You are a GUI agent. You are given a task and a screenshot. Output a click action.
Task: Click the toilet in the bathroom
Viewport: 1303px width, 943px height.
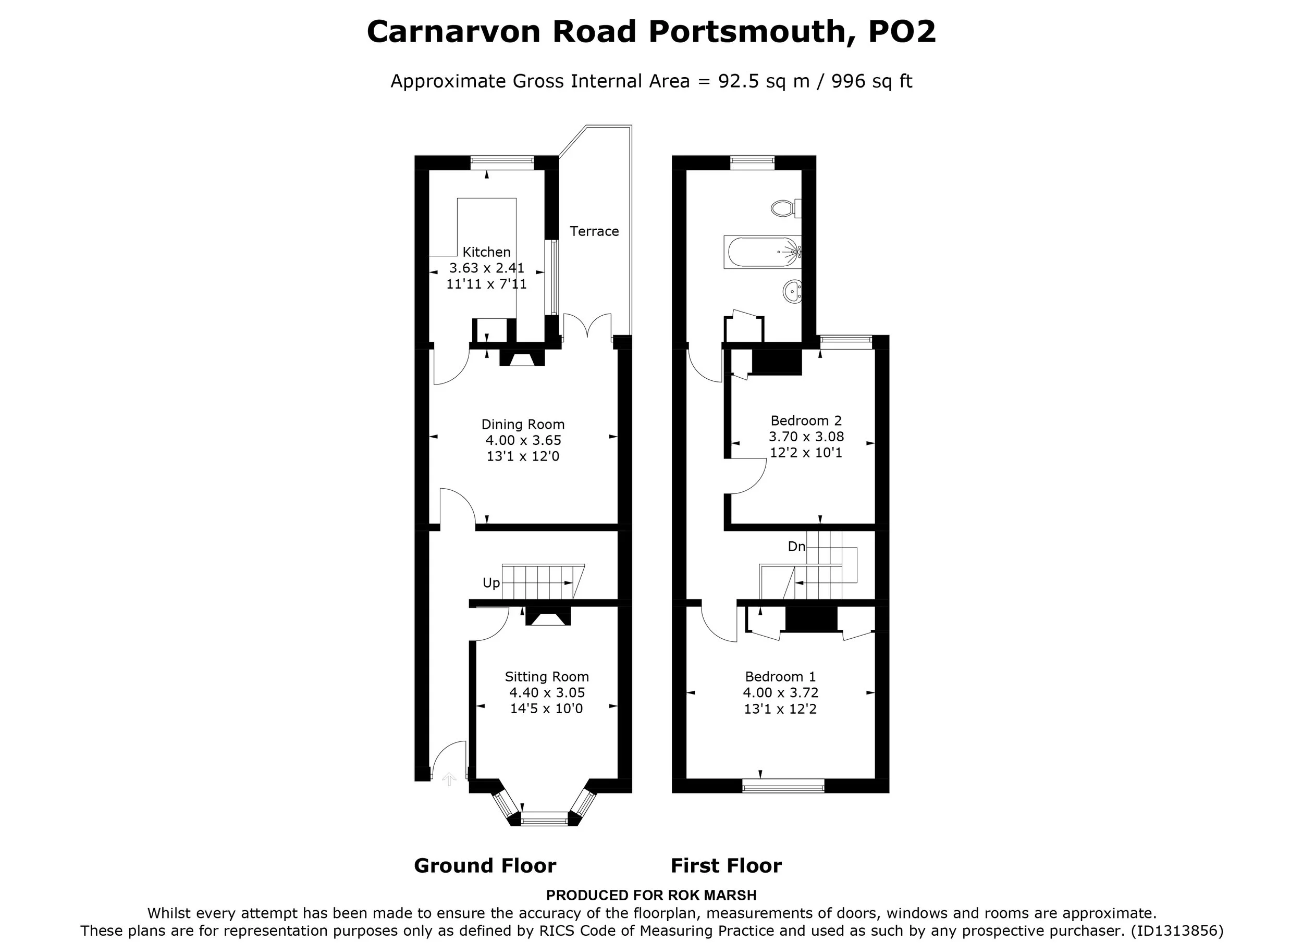click(x=786, y=208)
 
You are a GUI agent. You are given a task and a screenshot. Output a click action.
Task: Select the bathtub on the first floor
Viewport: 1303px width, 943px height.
click(x=763, y=252)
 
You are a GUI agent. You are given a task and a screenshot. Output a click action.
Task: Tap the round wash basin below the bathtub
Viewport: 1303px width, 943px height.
click(x=792, y=291)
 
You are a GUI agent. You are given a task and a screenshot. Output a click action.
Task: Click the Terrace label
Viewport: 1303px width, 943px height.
click(x=594, y=231)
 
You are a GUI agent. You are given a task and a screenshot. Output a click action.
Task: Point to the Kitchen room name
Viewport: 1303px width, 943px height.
click(x=486, y=252)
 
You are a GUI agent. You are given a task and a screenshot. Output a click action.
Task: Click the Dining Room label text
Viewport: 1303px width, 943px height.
click(x=523, y=425)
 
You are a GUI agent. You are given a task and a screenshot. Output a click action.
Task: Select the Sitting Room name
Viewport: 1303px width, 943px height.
click(x=546, y=677)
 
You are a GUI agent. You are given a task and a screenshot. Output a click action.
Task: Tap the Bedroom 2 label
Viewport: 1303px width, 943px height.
click(x=806, y=421)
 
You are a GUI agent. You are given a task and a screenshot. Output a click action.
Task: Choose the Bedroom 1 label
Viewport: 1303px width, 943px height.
click(x=780, y=677)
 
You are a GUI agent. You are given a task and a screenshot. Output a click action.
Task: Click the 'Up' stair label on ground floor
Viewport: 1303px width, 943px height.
click(x=490, y=584)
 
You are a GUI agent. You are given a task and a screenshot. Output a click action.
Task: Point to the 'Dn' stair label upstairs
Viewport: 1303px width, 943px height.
click(x=796, y=547)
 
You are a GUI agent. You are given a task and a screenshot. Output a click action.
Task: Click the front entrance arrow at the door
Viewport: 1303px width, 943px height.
click(x=449, y=779)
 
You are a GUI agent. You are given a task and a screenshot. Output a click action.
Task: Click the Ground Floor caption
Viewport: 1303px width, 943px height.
click(x=485, y=865)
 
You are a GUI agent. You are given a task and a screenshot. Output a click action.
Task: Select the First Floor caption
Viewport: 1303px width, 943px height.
click(x=726, y=865)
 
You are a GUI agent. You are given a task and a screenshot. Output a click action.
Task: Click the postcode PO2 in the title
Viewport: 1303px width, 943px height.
click(x=902, y=32)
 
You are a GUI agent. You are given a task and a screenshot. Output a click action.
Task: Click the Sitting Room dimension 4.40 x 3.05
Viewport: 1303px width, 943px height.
click(x=546, y=693)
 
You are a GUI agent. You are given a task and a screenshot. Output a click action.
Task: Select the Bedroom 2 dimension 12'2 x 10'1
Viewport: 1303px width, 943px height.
click(x=806, y=453)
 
